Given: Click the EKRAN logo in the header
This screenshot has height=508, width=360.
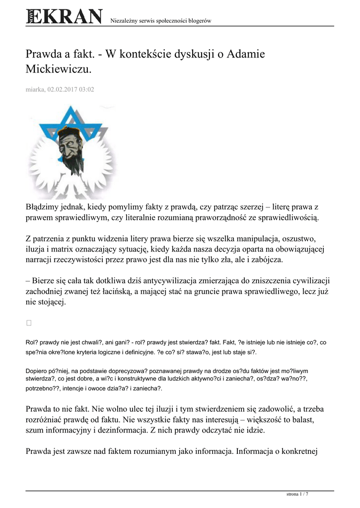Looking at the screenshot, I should click(x=65, y=16).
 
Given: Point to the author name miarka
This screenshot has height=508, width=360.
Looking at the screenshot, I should click(x=34, y=90).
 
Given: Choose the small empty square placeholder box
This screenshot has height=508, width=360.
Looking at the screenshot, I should click(x=29, y=322).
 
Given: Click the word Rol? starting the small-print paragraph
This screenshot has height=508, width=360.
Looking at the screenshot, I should click(x=31, y=342).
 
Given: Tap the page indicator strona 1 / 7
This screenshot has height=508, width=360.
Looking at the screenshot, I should click(x=297, y=494).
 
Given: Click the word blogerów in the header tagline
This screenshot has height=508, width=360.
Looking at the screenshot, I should click(x=199, y=20).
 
